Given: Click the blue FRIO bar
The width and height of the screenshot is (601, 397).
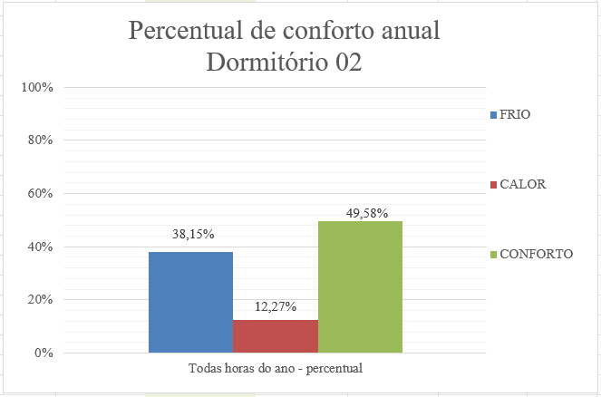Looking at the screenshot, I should coord(190,302).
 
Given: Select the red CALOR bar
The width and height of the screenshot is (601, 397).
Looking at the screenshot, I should coord(276,336).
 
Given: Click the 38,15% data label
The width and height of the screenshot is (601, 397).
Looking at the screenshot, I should coord(193,234).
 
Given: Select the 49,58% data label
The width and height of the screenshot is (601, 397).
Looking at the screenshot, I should coord(367,214).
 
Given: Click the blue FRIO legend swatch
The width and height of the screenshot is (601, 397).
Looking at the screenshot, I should coord(493,115).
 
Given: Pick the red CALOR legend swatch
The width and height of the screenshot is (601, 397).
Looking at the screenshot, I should coord(493,185).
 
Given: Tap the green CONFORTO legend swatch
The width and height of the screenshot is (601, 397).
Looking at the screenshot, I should coord(493,255).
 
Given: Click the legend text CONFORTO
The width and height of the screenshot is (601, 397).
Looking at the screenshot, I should coord(536,254).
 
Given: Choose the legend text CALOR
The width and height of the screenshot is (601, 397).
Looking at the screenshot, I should coord(522,184).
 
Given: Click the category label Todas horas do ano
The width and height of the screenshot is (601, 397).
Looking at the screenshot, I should coord(276,369).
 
